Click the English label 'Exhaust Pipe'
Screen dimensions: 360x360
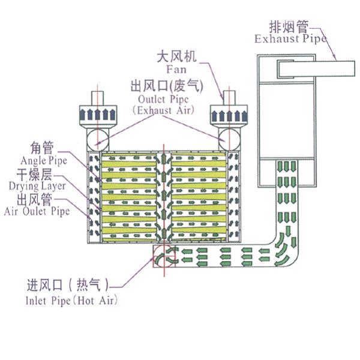[x=290, y=40]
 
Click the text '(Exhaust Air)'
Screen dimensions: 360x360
[x=160, y=110]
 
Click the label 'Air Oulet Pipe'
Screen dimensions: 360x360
[x=37, y=211]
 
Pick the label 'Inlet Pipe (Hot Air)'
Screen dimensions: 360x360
[x=71, y=301]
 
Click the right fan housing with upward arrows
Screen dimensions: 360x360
[x=230, y=113]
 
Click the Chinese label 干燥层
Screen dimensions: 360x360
[x=33, y=174]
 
